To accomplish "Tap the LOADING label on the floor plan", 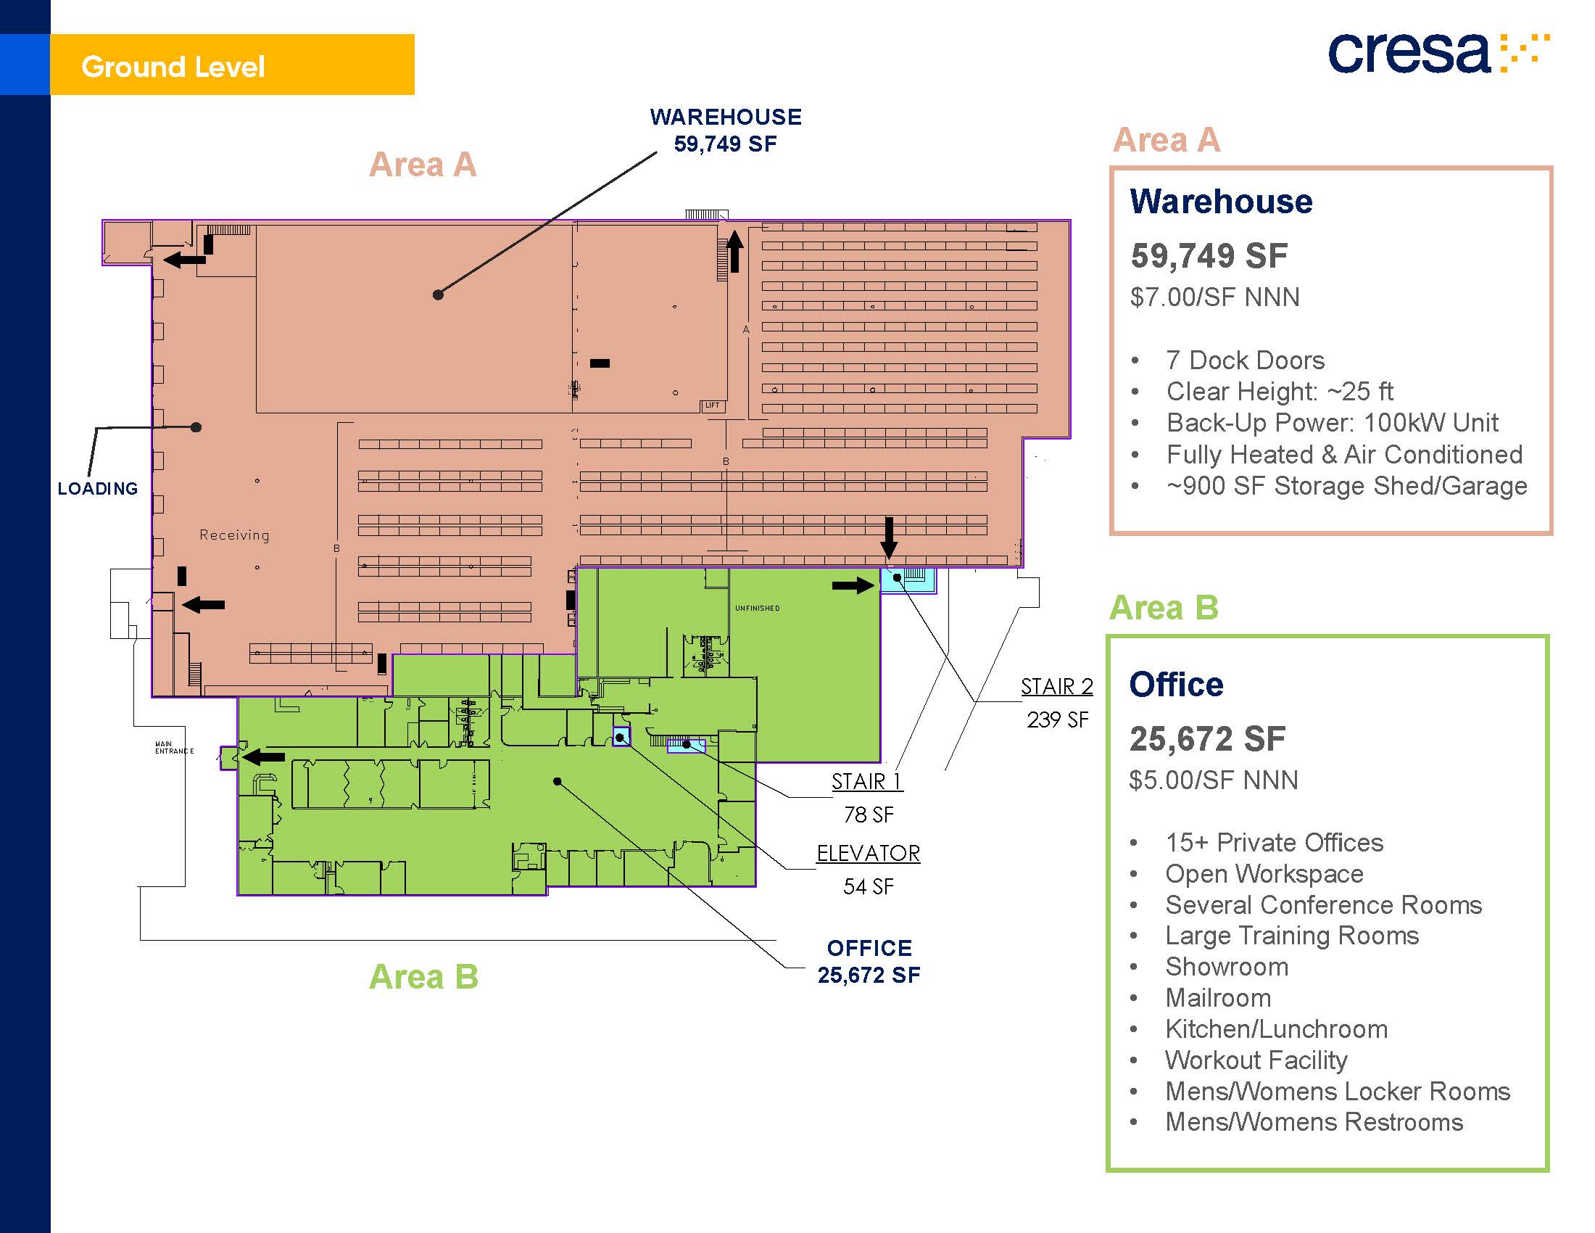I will [98, 489].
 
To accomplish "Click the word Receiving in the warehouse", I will [234, 535].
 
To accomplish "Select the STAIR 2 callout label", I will [1056, 687].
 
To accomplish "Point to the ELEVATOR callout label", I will [868, 853].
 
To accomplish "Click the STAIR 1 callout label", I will [866, 782].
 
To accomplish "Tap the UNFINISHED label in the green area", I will [757, 609].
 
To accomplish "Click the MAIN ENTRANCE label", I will [174, 747].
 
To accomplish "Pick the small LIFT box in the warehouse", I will [712, 405].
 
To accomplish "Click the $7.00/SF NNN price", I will [1214, 297].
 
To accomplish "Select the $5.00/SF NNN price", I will [1213, 780].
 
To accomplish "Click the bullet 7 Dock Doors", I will [1244, 360].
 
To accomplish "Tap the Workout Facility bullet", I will [1256, 1060].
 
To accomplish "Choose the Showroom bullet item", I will [1226, 966].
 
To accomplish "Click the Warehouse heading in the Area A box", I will [1220, 202].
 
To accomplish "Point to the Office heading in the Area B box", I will [1176, 685].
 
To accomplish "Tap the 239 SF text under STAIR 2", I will [1057, 720].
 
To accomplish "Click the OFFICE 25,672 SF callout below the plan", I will [869, 961].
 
